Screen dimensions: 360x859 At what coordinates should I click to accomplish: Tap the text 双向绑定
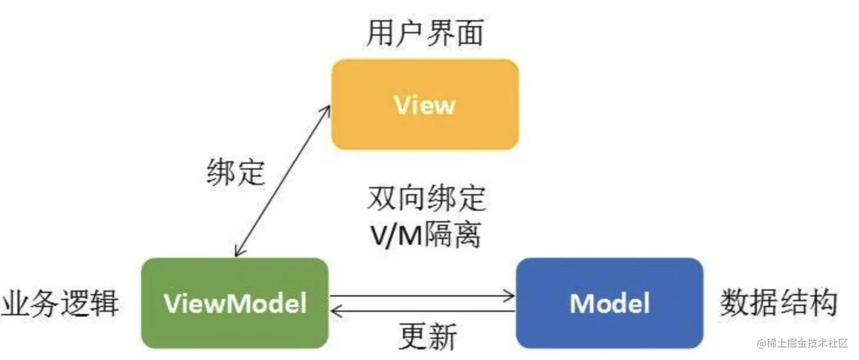pyautogui.click(x=427, y=199)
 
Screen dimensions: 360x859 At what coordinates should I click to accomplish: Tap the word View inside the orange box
pyautogui.click(x=425, y=106)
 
